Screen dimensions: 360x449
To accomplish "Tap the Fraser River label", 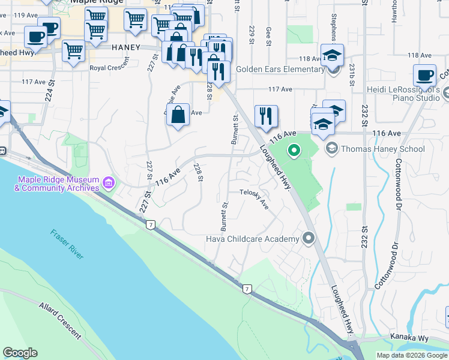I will point(67,244).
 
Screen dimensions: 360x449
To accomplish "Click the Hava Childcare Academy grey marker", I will point(309,239).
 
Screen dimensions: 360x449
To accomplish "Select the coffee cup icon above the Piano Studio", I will point(424,76).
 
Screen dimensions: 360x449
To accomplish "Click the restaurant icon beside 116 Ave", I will point(266,115).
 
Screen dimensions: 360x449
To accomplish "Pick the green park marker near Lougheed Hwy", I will point(294,150).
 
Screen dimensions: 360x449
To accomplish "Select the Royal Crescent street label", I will point(109,68).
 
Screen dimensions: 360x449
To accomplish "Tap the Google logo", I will point(20,353).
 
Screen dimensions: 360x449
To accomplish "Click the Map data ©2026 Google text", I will point(411,355).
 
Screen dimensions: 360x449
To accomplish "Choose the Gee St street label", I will point(268,35).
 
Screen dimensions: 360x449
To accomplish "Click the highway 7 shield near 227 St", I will point(149,224).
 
